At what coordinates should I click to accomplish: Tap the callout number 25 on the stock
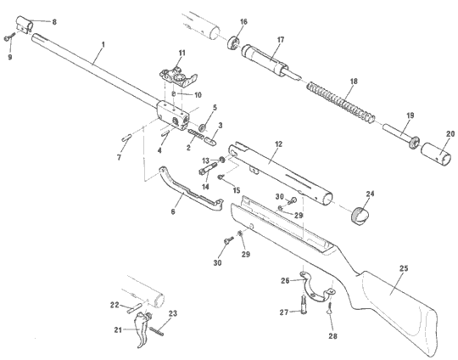click(x=404, y=268)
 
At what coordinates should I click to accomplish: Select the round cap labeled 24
click(x=362, y=214)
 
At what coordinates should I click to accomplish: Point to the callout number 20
click(x=450, y=132)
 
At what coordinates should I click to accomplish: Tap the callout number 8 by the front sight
click(x=55, y=20)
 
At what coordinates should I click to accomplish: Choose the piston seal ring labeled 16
click(x=236, y=42)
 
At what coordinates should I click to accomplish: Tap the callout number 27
click(x=285, y=312)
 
